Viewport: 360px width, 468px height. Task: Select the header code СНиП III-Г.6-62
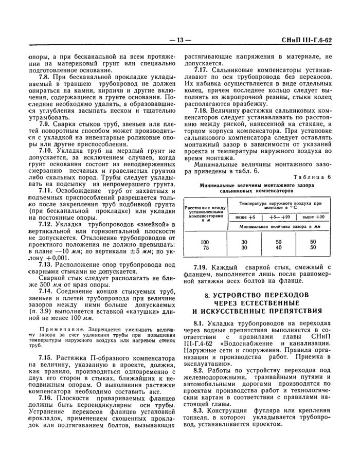pyautogui.click(x=314, y=40)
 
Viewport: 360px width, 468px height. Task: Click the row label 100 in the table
pyautogui.click(x=205, y=242)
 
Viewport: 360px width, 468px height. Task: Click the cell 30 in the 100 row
pyautogui.click(x=244, y=242)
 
